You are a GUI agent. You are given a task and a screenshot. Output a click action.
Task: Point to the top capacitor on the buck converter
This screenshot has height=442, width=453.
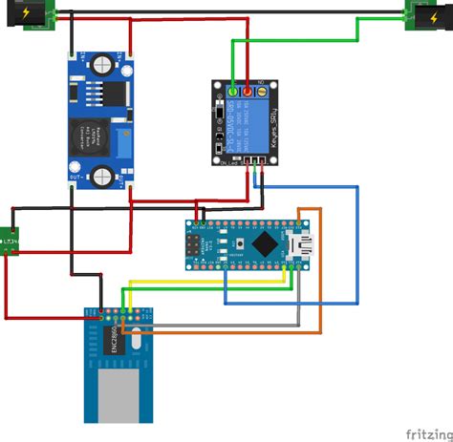click(101, 65)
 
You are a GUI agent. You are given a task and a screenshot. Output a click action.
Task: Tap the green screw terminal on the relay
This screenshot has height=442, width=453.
click(232, 92)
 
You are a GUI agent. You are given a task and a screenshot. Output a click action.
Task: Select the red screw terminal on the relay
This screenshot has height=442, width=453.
click(248, 92)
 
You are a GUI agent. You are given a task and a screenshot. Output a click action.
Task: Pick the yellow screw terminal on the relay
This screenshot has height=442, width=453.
click(262, 92)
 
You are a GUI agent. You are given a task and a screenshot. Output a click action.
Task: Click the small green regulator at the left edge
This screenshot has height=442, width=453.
click(11, 240)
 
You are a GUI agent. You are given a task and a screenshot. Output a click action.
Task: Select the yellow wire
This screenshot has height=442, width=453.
click(191, 283)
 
